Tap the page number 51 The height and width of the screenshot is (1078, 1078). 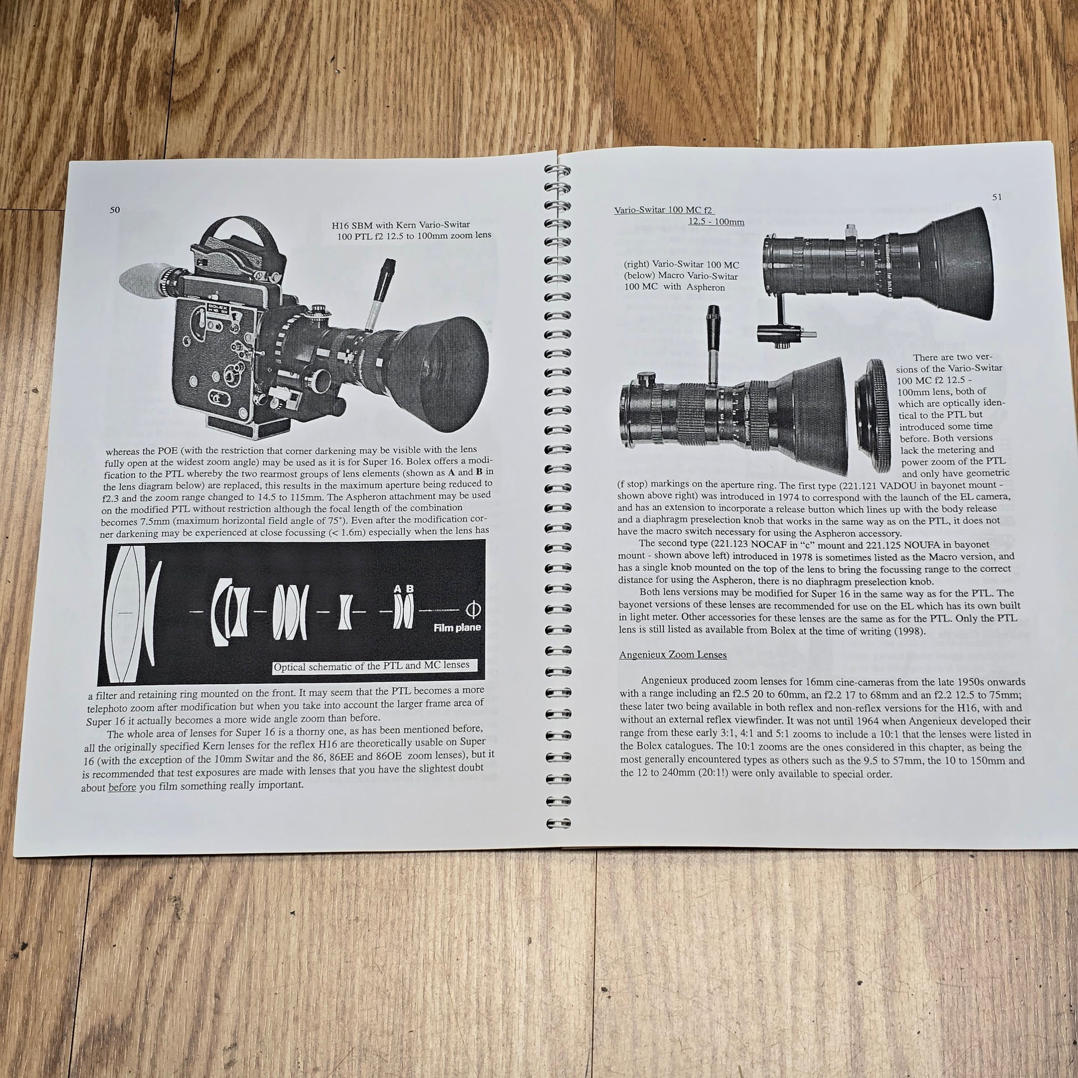tap(997, 197)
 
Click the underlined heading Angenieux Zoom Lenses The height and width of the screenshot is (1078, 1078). tap(673, 655)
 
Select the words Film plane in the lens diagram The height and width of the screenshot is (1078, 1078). tap(458, 627)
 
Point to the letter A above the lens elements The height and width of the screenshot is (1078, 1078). tap(397, 589)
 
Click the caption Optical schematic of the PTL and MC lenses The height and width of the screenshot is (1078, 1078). tap(372, 666)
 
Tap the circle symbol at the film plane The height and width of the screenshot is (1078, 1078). tap(473, 608)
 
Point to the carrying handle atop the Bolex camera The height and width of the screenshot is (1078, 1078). tap(240, 237)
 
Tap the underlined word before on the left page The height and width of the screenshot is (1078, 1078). tap(122, 787)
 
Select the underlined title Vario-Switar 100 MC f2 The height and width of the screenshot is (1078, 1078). tap(664, 211)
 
